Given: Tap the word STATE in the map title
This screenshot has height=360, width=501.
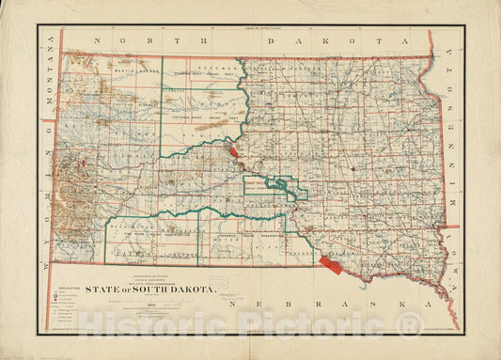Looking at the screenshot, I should pyautogui.click(x=102, y=290).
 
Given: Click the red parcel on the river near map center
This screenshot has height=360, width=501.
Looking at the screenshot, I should pyautogui.click(x=232, y=150).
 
